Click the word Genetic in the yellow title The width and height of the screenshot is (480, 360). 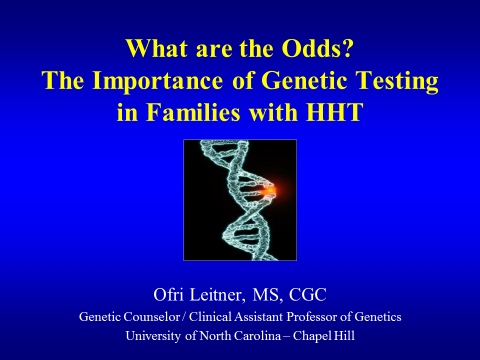(x=304, y=80)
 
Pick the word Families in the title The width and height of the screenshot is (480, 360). (x=193, y=112)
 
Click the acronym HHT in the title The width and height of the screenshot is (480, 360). (x=334, y=112)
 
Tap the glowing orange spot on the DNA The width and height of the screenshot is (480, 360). (x=270, y=190)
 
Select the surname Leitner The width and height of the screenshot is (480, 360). (x=217, y=295)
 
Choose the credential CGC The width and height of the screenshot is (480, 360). (x=307, y=295)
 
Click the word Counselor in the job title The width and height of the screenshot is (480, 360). (x=151, y=316)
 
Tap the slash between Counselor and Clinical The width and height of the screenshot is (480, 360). (x=183, y=316)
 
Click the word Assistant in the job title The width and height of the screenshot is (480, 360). (x=258, y=316)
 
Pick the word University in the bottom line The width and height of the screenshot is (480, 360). (x=153, y=336)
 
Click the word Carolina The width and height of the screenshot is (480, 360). (x=257, y=336)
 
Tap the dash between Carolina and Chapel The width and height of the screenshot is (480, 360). (x=286, y=336)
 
